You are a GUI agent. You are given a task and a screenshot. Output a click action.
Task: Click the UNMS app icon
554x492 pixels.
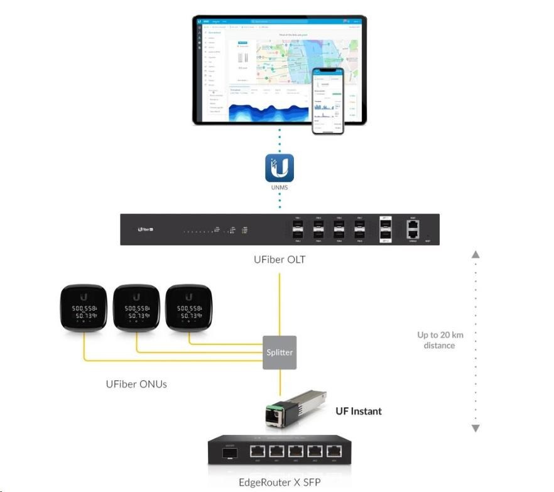coord(280,168)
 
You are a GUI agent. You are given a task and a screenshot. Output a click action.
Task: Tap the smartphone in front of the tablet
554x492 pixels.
coord(329,101)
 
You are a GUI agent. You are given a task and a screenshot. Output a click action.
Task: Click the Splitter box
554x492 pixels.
coord(280,352)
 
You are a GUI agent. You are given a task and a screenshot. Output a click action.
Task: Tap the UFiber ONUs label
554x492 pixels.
coord(136,383)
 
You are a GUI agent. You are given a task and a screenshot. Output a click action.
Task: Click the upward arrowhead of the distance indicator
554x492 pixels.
coord(475,254)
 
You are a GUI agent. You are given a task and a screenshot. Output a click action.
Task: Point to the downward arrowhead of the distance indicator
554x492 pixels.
coord(475,428)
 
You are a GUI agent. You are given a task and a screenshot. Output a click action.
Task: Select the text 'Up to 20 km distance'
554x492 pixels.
coord(440,340)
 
